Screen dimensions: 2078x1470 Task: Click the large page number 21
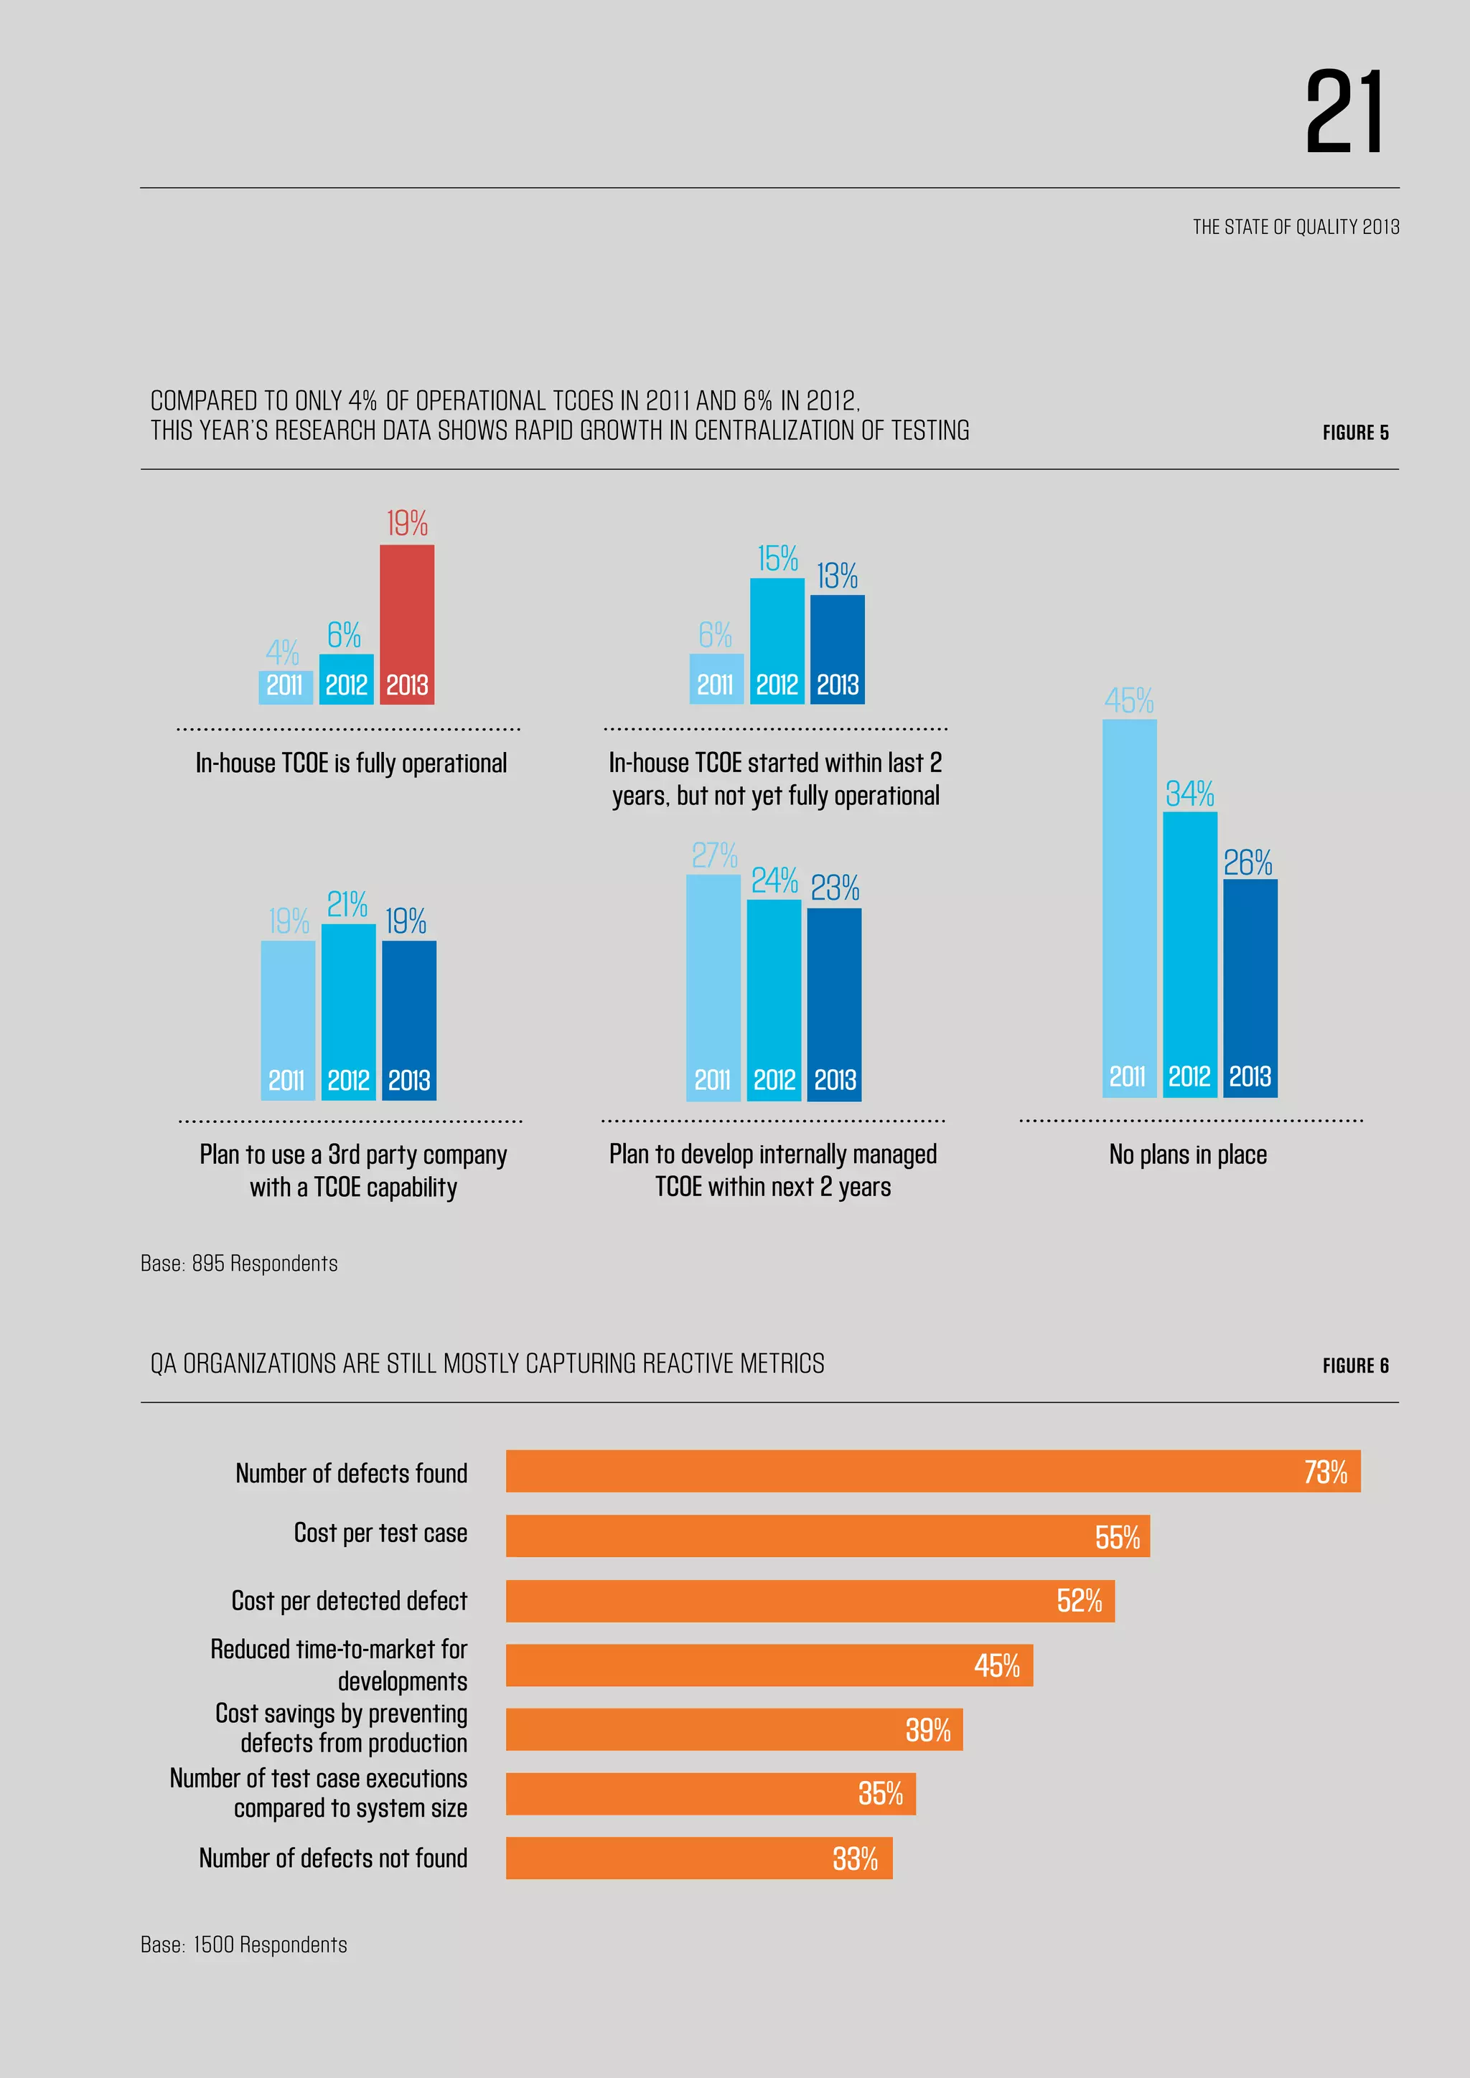click(x=1344, y=113)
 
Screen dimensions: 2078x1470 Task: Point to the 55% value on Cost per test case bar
click(x=1117, y=1537)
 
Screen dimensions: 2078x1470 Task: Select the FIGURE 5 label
click(x=1355, y=433)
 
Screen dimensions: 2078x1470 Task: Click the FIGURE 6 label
click(x=1355, y=1365)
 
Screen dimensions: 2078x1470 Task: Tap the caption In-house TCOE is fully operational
click(x=351, y=763)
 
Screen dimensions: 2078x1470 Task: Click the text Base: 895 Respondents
click(x=239, y=1264)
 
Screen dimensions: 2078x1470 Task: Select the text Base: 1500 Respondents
click(x=243, y=1944)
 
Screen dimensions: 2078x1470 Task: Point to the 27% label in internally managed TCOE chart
click(x=714, y=855)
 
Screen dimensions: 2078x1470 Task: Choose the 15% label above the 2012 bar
click(x=777, y=558)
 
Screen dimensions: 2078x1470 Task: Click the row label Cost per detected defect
click(x=350, y=1600)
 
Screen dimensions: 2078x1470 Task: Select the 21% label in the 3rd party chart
click(x=347, y=903)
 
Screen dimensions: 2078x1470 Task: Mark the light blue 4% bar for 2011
click(x=285, y=687)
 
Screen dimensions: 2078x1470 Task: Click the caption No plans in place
click(x=1188, y=1154)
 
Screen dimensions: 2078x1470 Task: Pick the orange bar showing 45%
click(x=769, y=1665)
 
